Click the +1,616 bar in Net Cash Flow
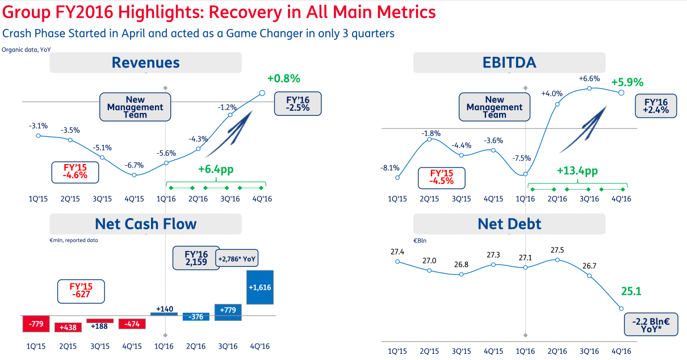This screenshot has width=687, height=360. click(x=260, y=287)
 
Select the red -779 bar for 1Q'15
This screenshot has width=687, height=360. click(x=37, y=324)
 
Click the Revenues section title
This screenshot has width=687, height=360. click(x=145, y=62)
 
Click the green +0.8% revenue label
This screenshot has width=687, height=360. click(x=283, y=78)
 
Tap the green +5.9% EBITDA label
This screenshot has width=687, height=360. click(x=627, y=82)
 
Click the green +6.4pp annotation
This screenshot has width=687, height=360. click(x=216, y=169)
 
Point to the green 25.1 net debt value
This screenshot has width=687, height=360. click(x=631, y=292)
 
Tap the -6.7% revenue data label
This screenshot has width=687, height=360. click(x=135, y=165)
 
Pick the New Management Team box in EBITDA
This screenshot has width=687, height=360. click(x=494, y=107)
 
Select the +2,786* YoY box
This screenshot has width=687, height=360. click(x=236, y=259)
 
